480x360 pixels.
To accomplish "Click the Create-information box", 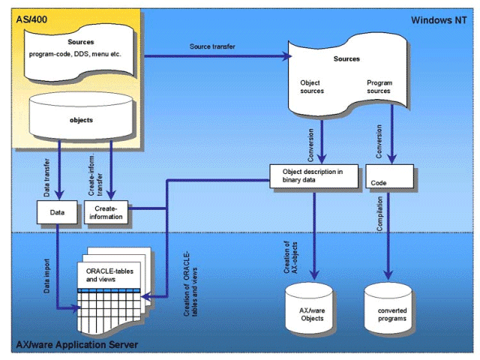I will click(x=108, y=213).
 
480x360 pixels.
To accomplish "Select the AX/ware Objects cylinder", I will click(x=313, y=309).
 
